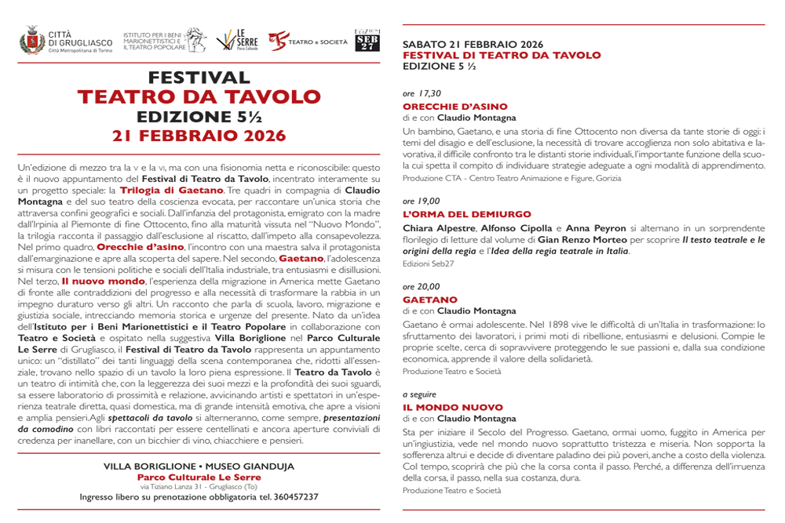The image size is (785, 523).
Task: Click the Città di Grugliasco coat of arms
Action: coord(31,40)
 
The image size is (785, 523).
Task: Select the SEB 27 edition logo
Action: coord(367,41)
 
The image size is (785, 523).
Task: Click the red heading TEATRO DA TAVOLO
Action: coord(199,97)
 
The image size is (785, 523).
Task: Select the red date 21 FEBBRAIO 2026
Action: coord(199,135)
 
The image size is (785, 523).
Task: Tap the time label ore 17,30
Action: coord(422,93)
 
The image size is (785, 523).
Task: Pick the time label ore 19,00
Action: coord(422,202)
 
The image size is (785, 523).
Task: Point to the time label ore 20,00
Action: coord(422,286)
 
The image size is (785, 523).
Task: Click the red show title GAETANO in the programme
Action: coord(429,299)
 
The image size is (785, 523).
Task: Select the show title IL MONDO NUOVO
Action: coord(452,407)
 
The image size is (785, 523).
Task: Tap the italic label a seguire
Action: coord(419,394)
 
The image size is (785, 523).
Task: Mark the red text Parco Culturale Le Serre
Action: coord(199,477)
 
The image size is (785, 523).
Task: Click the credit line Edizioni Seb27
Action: coord(428,263)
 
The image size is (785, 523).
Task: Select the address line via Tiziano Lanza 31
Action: coord(199,487)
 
